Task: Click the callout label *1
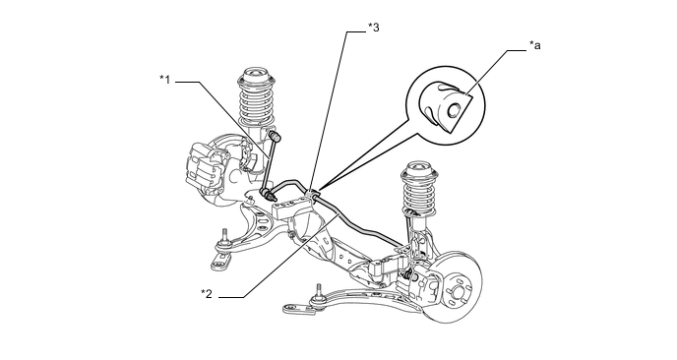pyautogui.click(x=165, y=80)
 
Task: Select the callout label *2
pyautogui.click(x=207, y=294)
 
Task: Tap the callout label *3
pyautogui.click(x=374, y=28)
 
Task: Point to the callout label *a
pyautogui.click(x=535, y=45)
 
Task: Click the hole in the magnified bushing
pyautogui.click(x=453, y=110)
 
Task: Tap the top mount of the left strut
pyautogui.click(x=257, y=78)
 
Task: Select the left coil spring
pyautogui.click(x=257, y=103)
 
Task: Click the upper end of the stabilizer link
pyautogui.click(x=276, y=137)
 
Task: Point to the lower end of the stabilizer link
pyautogui.click(x=268, y=193)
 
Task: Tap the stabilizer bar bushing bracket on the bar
pyautogui.click(x=314, y=194)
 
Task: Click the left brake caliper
pyautogui.click(x=206, y=166)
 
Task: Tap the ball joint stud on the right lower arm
pyautogui.click(x=319, y=293)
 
